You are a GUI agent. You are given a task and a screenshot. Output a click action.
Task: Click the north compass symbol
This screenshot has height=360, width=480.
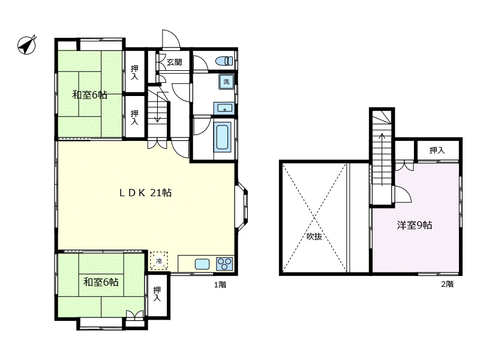26,46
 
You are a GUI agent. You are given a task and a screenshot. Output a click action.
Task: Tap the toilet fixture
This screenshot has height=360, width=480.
224,61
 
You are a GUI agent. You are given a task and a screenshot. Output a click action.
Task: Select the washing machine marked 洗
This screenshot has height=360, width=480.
226,82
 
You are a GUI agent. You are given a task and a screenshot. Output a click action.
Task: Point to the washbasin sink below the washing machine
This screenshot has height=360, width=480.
224,109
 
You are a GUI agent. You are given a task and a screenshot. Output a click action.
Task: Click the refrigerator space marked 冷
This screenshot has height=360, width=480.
159,261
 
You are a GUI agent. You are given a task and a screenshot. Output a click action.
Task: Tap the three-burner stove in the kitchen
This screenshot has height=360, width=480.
224,263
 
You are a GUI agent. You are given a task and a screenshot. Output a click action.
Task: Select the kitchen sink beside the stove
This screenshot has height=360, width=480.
202,264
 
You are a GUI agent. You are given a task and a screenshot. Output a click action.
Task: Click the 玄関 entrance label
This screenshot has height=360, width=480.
174,62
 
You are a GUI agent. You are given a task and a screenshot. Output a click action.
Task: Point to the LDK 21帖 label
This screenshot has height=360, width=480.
145,193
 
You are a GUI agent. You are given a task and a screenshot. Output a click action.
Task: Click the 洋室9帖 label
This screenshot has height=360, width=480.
415,226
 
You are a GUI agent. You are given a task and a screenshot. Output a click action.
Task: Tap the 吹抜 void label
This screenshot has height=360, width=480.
314,236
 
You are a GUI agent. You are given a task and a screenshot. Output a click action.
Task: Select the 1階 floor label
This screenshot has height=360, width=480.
220,284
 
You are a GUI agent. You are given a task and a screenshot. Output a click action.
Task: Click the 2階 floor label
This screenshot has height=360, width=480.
447,284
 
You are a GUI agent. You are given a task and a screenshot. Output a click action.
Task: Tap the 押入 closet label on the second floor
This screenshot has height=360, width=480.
437,150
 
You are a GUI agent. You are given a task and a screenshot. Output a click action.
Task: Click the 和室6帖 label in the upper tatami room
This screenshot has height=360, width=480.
89,95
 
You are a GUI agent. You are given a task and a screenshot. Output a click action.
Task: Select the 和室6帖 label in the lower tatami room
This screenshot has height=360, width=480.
101,281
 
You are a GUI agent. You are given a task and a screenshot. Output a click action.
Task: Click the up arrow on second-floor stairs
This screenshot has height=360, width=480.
382,159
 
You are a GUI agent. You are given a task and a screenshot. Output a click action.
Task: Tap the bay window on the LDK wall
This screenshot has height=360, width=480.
242,205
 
